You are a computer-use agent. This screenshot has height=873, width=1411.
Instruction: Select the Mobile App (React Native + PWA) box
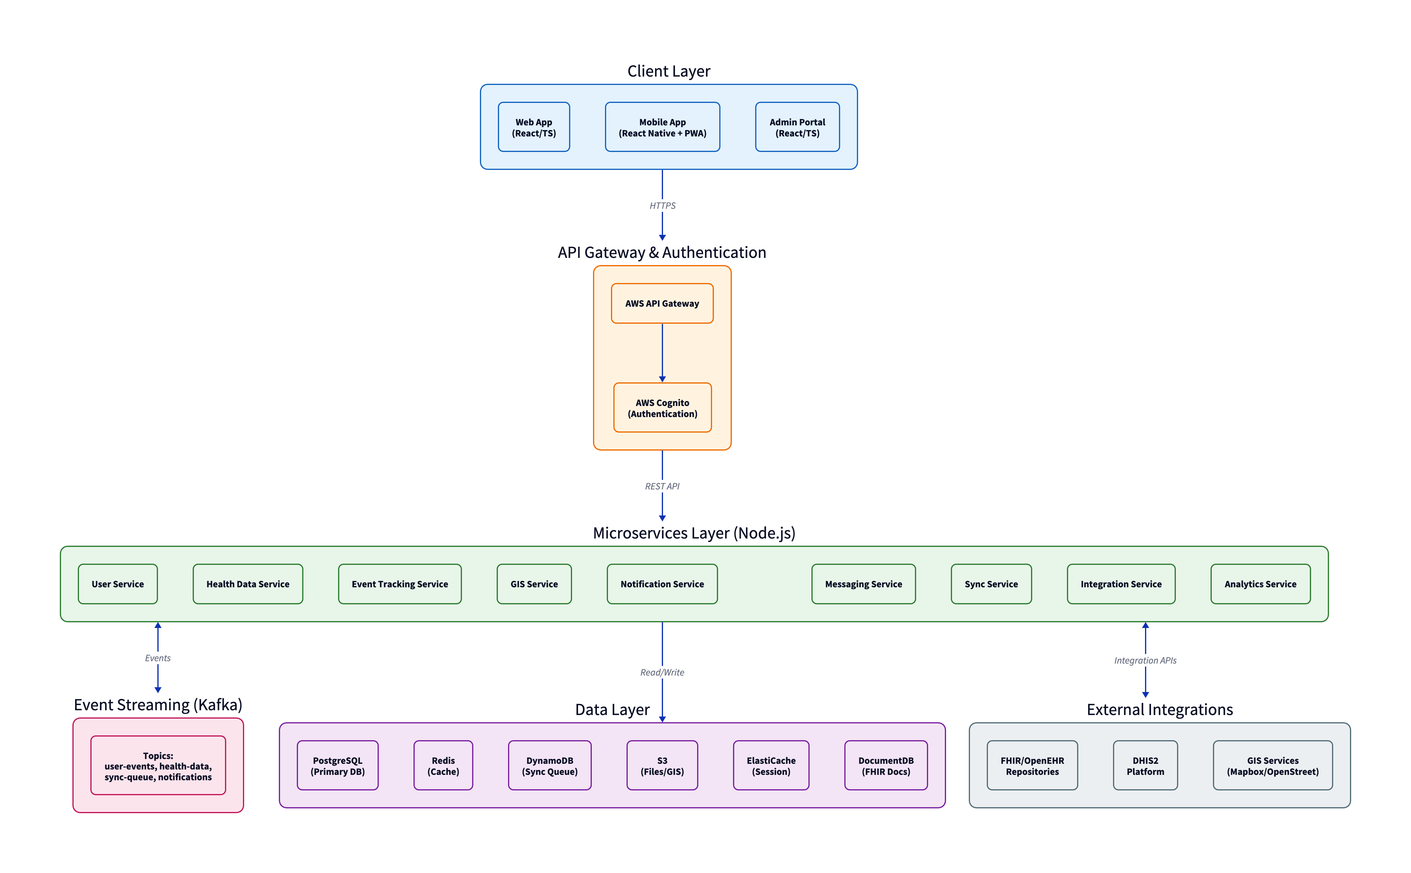point(662,127)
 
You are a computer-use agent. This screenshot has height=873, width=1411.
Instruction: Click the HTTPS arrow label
point(662,206)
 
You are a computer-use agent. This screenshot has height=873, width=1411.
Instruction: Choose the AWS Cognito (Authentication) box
point(662,408)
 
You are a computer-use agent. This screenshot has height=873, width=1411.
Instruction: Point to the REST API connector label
point(662,486)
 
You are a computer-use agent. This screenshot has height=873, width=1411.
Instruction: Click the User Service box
point(118,584)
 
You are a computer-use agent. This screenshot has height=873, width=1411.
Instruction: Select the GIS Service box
point(534,584)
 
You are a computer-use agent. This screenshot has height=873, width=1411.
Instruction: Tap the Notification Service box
point(662,584)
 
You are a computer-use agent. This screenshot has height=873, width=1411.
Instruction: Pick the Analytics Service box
point(1260,584)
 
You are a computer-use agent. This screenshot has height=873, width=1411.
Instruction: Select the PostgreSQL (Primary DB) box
point(338,766)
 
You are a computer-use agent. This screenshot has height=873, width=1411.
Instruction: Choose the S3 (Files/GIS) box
point(662,766)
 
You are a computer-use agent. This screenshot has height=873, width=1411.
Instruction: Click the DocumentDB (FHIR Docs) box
point(886,766)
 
